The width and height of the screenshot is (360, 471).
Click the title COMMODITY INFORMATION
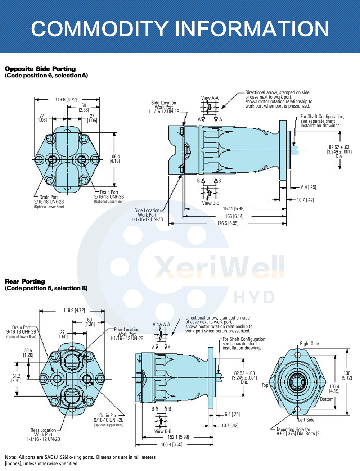coord(180,29)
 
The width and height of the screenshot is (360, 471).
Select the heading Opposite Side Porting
coord(40,69)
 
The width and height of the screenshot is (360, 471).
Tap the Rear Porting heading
coord(25,281)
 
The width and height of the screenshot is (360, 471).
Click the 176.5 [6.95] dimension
coord(228,223)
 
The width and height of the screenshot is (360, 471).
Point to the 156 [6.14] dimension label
coord(234,216)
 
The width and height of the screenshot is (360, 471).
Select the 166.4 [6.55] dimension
coord(171,445)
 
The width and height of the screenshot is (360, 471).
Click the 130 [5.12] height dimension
coord(347,376)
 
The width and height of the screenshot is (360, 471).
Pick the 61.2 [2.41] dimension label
coord(16,378)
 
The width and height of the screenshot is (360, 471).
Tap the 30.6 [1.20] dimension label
coord(28,353)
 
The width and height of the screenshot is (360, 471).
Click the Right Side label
coord(309,344)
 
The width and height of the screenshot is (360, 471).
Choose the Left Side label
coord(306,420)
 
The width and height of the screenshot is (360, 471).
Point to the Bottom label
coord(327,399)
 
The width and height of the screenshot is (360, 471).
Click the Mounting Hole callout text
coord(298,431)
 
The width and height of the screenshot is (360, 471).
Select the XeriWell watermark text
coord(219,267)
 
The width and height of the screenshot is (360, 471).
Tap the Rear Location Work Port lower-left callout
coord(43,435)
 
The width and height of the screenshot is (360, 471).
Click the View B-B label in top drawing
coord(210,203)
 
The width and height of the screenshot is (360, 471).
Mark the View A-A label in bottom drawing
coord(161,325)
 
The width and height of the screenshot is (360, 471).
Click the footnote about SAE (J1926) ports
coord(80,460)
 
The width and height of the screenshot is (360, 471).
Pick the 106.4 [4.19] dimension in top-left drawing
coord(114,159)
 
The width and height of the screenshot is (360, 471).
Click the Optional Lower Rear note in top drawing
coord(49,207)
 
